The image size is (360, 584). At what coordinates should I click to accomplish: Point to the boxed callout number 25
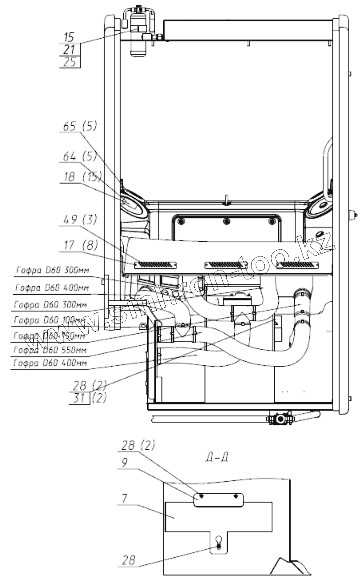(x=70, y=62)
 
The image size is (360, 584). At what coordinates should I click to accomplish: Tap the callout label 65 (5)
(x=80, y=127)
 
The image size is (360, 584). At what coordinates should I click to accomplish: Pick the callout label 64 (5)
(x=80, y=157)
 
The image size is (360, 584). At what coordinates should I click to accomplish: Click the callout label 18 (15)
(x=80, y=177)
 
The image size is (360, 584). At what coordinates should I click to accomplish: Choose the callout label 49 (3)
(x=80, y=220)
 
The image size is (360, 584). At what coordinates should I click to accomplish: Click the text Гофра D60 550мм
(x=50, y=350)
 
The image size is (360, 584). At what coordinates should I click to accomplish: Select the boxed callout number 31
(x=79, y=398)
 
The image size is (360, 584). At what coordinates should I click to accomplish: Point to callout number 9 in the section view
(x=124, y=462)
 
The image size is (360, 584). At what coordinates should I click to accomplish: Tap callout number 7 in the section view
(x=125, y=498)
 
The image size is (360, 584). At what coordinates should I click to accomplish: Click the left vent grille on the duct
(x=155, y=264)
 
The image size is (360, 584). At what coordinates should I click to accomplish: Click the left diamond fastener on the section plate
(x=201, y=496)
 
